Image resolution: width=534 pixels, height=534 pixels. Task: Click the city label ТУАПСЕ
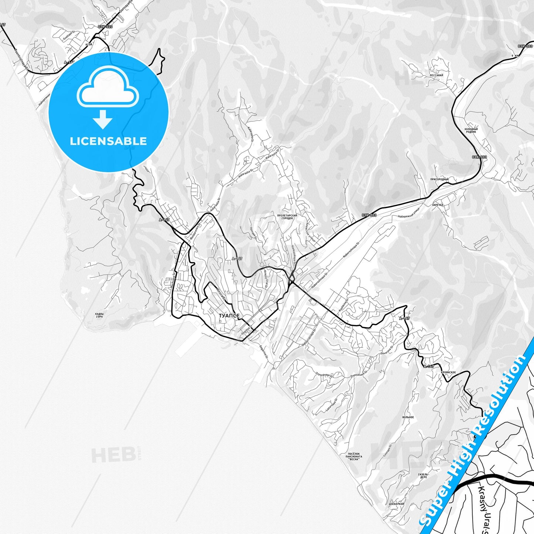click(x=229, y=316)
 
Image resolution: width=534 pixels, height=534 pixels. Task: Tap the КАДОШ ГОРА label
click(x=99, y=315)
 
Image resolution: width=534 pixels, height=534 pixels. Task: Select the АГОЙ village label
click(x=89, y=44)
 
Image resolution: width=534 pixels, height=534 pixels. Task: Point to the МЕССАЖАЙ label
click(x=436, y=75)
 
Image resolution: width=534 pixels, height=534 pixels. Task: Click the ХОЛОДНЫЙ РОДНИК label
click(x=471, y=130)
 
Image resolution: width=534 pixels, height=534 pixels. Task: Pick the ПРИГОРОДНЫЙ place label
click(x=439, y=180)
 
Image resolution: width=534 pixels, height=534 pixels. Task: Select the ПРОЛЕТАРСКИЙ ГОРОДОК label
click(x=287, y=217)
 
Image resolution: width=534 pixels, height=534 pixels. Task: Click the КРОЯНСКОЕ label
click(x=448, y=372)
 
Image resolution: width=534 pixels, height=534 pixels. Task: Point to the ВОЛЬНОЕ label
click(x=408, y=417)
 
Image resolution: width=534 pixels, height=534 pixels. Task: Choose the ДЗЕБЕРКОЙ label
click(x=397, y=504)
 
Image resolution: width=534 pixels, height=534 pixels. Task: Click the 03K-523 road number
click(x=105, y=27)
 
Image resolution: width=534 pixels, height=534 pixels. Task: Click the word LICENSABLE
click(x=108, y=141)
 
